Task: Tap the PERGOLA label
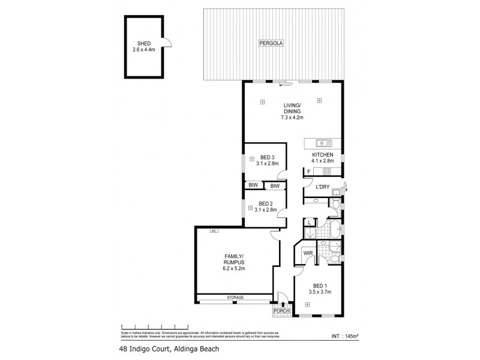tap(271, 43)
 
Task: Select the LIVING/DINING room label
tap(292, 111)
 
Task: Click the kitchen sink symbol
tap(325, 143)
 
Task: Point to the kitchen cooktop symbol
tap(327, 172)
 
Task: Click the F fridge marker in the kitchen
tap(308, 172)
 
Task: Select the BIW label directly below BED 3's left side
tap(254, 186)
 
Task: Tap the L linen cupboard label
tap(310, 223)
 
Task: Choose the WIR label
tap(309, 254)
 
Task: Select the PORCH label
tap(281, 311)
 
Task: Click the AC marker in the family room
tap(213, 230)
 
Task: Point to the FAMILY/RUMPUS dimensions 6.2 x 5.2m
tap(235, 268)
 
